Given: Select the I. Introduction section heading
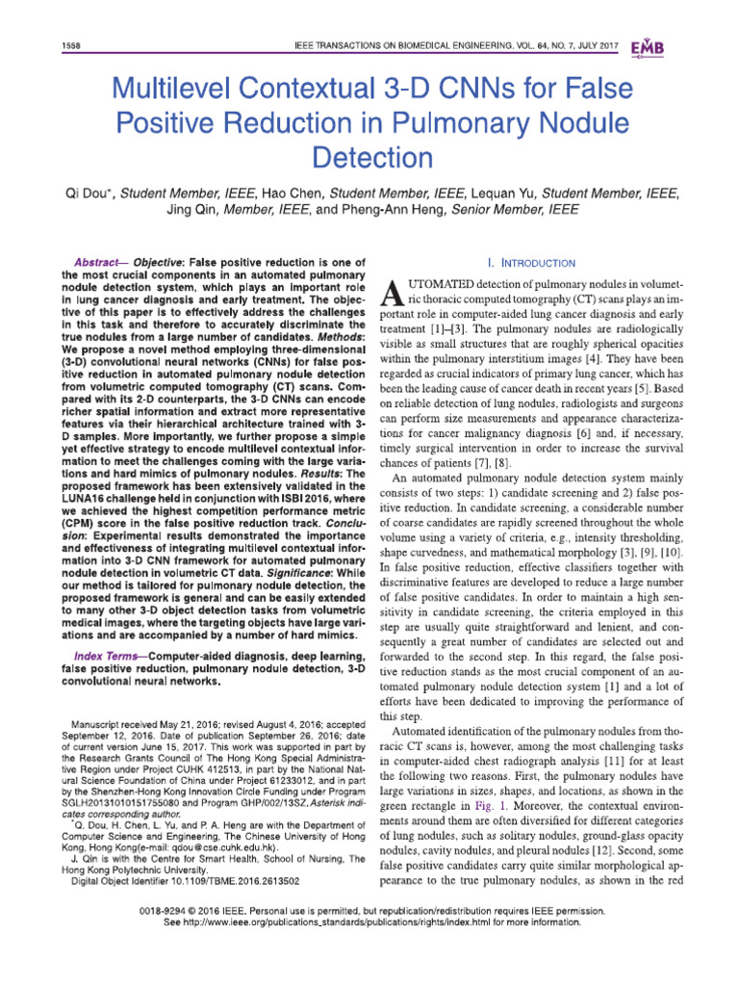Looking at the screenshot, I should (531, 263).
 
